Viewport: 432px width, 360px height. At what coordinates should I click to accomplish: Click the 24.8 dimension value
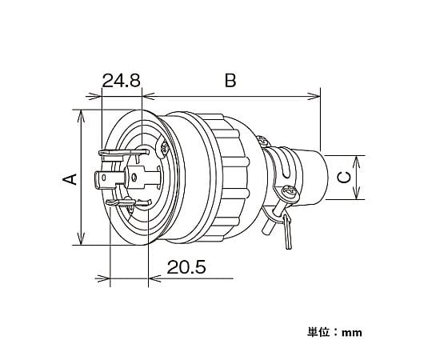[122, 81]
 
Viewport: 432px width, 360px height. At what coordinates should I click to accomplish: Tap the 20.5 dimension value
[186, 267]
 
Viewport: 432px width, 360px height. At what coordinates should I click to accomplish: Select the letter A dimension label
[70, 179]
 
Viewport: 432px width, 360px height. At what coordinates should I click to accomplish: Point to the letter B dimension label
[230, 81]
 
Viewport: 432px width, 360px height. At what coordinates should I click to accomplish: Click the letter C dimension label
[344, 177]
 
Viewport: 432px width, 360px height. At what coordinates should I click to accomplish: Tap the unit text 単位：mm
[334, 332]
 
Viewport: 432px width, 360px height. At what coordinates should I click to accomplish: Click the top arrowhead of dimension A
[81, 117]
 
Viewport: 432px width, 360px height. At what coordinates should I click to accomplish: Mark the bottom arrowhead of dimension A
[81, 238]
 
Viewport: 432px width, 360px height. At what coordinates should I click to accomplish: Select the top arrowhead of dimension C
[357, 162]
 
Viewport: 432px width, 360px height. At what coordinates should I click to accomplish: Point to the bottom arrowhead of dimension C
[357, 193]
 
